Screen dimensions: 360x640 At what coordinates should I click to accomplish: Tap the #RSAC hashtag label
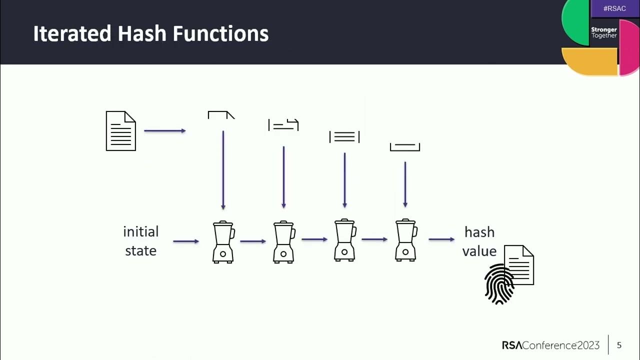pos(614,8)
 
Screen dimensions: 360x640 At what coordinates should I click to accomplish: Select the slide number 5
pos(619,345)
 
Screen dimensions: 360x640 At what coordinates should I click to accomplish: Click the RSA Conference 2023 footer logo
pos(550,345)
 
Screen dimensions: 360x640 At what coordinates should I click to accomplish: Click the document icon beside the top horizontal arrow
pos(121,131)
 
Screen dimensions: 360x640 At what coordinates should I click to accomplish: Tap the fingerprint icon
pos(499,284)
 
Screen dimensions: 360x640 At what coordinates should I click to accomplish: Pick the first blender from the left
pos(223,242)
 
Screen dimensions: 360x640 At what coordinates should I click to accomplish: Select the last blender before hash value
pos(405,240)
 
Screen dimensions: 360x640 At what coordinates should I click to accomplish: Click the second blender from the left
pos(283,242)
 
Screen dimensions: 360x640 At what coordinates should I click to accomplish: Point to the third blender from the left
pos(344,240)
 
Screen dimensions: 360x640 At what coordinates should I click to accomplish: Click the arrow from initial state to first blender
pos(186,241)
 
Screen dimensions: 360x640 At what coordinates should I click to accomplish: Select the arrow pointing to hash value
pos(441,239)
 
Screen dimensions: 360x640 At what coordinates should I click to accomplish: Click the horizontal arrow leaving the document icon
pos(165,131)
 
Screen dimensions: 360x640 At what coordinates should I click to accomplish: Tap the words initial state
pos(141,241)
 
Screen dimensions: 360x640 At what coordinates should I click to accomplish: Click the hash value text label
pos(479,241)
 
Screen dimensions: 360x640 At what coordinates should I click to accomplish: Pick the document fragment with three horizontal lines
pos(344,136)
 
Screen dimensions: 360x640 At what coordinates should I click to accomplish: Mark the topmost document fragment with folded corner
pos(221,115)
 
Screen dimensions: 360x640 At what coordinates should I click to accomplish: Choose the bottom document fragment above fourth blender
pos(405,147)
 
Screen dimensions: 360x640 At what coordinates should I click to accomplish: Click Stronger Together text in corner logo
pos(604,32)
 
